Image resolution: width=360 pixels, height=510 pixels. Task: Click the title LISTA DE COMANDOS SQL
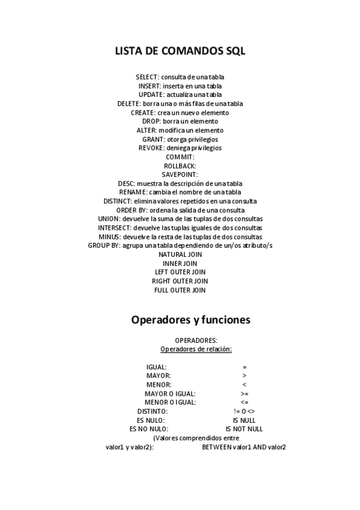180,51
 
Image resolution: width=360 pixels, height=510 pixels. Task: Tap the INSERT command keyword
150,86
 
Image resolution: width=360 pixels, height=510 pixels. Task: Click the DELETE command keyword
129,103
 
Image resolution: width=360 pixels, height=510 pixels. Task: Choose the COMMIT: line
180,157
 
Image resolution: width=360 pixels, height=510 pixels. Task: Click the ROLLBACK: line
180,165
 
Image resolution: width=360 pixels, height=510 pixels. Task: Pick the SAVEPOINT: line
180,174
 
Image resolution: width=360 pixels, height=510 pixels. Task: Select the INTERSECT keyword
114,228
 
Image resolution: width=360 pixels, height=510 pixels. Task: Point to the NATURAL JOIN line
180,254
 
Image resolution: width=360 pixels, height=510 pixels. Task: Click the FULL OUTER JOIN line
180,290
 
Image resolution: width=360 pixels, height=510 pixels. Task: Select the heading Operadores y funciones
191,320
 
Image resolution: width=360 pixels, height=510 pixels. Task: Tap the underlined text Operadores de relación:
196,349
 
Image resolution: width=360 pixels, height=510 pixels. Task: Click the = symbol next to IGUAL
245,367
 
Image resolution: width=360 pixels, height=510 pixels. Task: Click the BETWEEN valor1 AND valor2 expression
243,447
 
